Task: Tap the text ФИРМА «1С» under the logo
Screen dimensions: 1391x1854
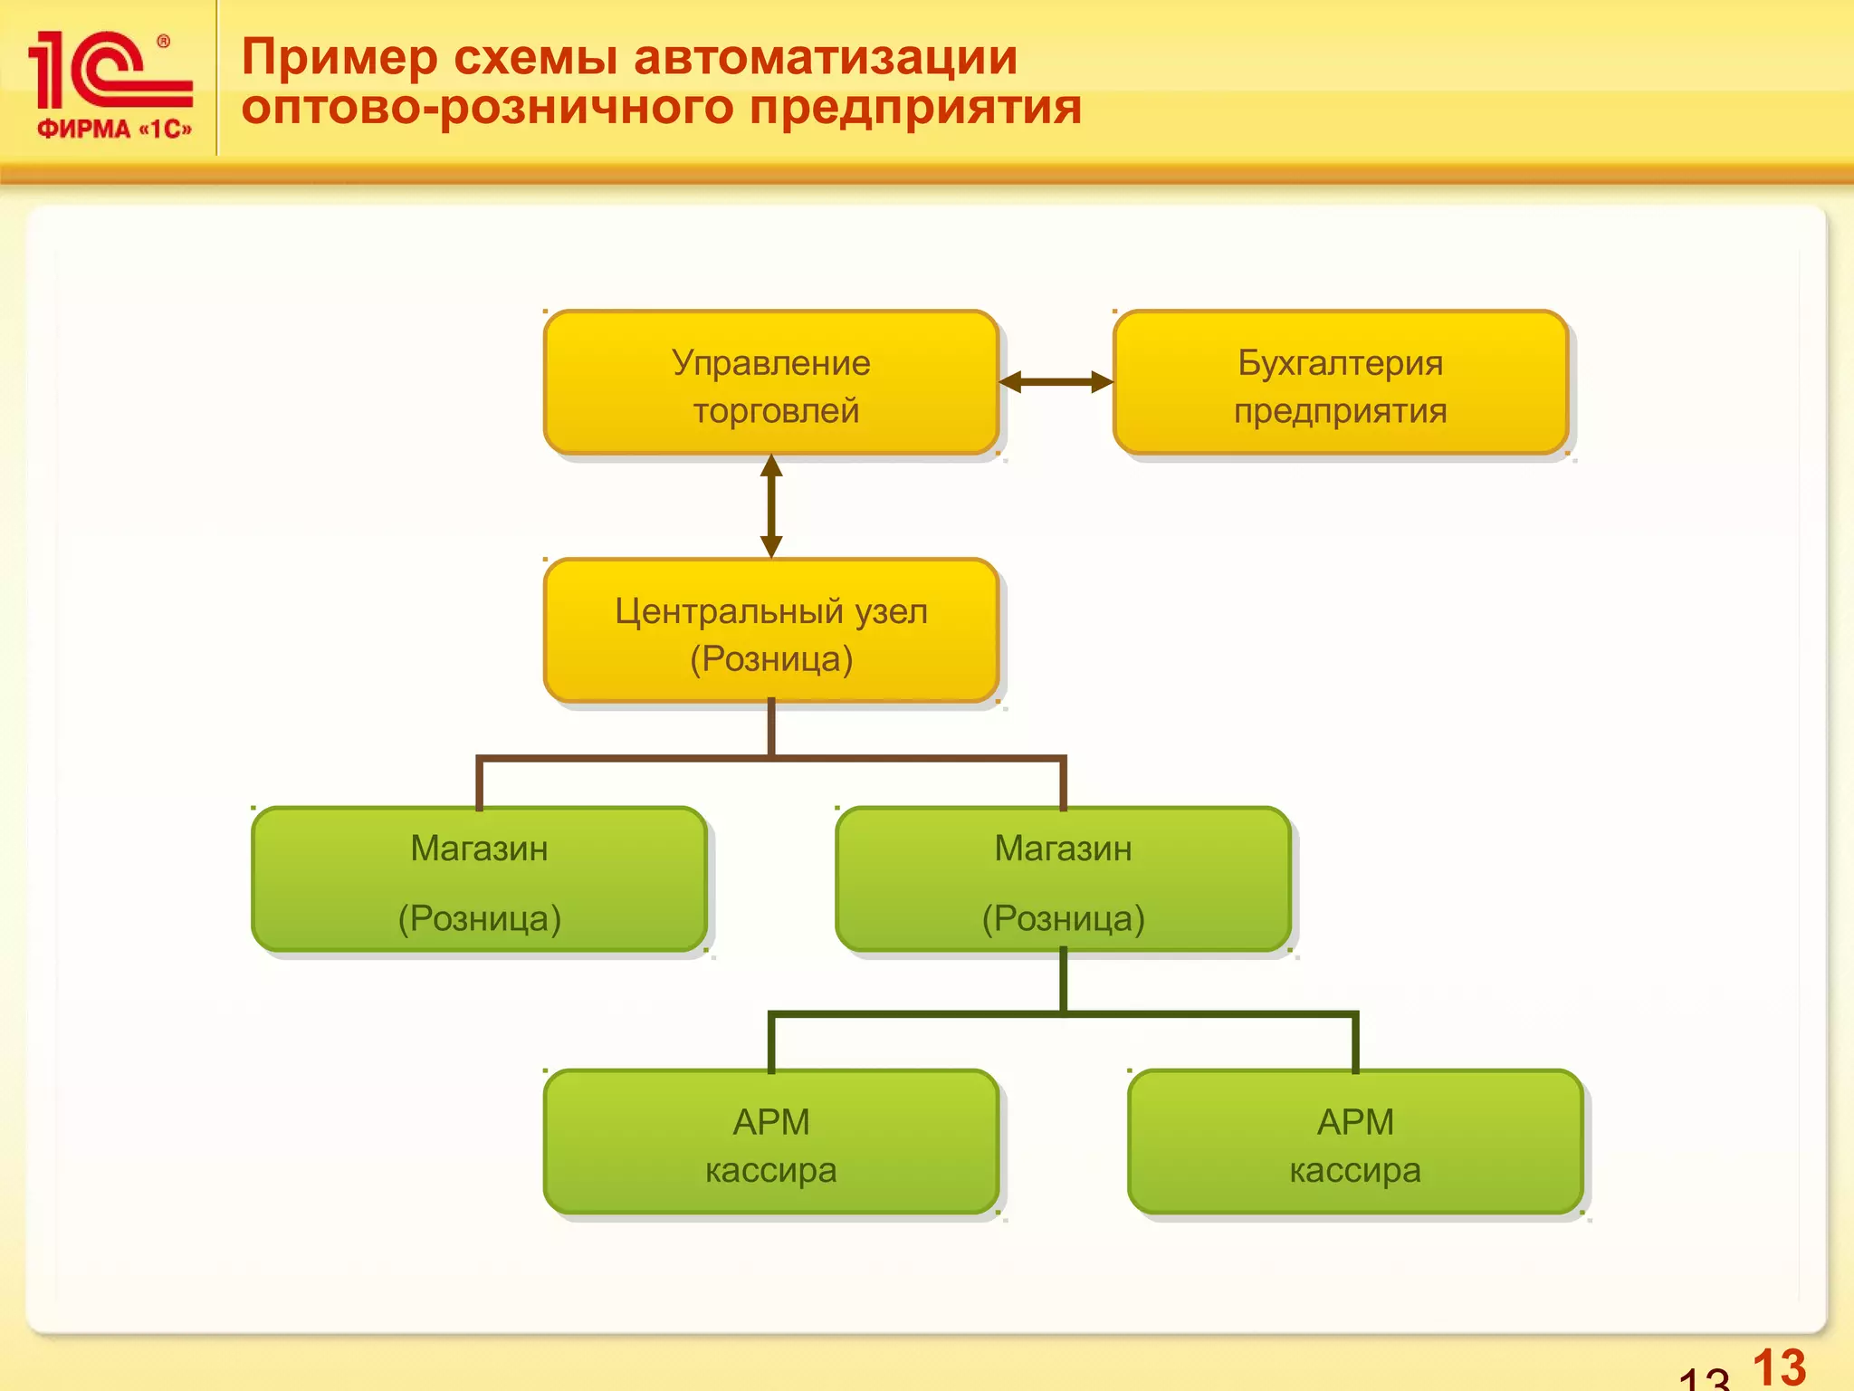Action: tap(114, 130)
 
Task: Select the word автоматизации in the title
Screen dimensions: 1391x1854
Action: tap(825, 58)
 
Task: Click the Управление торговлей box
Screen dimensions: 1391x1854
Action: tap(770, 383)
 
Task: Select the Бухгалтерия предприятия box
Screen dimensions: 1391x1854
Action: tap(1340, 383)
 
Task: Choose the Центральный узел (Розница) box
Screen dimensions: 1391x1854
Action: tap(770, 631)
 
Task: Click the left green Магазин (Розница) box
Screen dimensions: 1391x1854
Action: tap(479, 879)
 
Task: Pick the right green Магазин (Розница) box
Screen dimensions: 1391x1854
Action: tap(1063, 879)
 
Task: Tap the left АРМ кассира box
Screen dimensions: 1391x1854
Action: tap(770, 1142)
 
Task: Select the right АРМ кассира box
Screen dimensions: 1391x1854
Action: tap(1354, 1142)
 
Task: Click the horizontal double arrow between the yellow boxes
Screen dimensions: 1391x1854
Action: tap(1056, 382)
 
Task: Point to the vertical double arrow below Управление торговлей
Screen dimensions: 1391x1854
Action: tap(771, 506)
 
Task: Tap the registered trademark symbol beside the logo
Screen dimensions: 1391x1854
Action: tap(163, 41)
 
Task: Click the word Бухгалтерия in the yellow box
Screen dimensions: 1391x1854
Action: tap(1340, 363)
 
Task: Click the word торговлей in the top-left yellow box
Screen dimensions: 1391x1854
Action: tap(776, 411)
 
